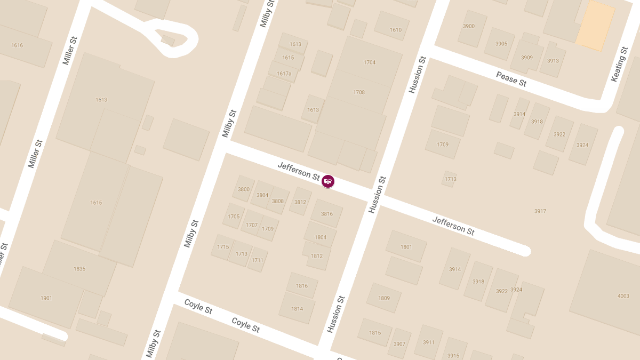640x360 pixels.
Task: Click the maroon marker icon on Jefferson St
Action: click(x=328, y=181)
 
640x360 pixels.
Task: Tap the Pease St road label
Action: click(x=511, y=79)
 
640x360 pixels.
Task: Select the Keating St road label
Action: click(x=619, y=64)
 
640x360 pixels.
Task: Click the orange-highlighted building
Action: click(x=595, y=26)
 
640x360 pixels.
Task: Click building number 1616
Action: click(x=17, y=45)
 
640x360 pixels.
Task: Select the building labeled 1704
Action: click(x=370, y=62)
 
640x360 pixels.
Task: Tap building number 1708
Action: click(x=359, y=92)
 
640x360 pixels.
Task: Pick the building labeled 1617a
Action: click(x=284, y=74)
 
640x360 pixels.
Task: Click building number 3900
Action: click(x=469, y=26)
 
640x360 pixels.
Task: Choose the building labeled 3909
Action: click(x=527, y=58)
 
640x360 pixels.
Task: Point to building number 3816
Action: click(x=327, y=214)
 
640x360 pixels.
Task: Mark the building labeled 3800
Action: click(x=244, y=189)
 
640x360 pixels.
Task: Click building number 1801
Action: click(x=406, y=247)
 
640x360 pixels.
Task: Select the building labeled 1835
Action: click(x=79, y=269)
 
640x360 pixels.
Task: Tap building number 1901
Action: click(x=46, y=298)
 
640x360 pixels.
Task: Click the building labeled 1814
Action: click(x=297, y=309)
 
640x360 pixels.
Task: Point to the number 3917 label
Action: click(x=540, y=211)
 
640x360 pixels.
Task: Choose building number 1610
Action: click(x=396, y=30)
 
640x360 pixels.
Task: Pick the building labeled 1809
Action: click(x=384, y=298)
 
